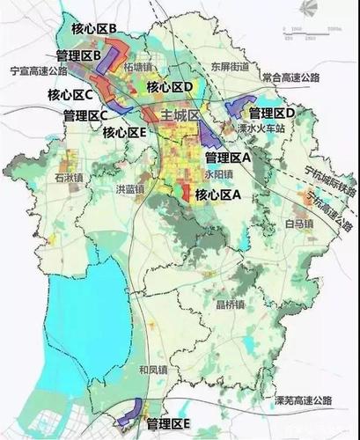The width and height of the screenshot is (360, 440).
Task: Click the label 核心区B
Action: [92, 29]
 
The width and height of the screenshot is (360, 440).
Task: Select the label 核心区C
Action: [56, 93]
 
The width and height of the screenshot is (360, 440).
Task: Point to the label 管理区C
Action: [85, 114]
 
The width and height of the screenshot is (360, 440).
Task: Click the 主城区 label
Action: [182, 115]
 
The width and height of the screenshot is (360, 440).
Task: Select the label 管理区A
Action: [228, 157]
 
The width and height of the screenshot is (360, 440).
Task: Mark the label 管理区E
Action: [169, 423]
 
